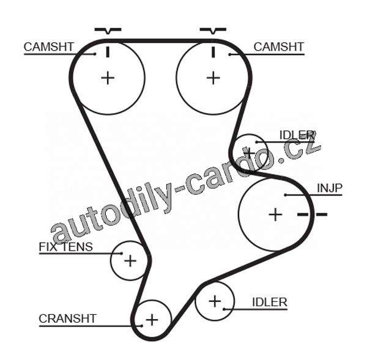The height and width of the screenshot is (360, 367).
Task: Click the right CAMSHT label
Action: (278, 46)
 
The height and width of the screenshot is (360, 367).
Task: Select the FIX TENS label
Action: (65, 247)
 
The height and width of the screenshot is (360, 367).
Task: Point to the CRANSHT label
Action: (67, 318)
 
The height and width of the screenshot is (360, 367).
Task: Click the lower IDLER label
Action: (269, 302)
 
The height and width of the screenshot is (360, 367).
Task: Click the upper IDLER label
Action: (296, 134)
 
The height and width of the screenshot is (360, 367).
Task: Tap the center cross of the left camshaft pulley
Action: (108, 78)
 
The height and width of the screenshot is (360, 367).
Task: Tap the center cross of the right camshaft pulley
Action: (212, 78)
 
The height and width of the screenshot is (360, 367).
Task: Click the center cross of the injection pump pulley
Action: (275, 215)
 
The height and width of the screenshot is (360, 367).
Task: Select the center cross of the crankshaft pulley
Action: (151, 319)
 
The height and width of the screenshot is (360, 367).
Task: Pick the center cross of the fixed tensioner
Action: (130, 261)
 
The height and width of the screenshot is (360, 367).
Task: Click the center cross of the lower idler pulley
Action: (214, 301)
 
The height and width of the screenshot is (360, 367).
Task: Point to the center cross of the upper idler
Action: (249, 150)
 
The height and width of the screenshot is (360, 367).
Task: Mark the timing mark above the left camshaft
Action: (108, 30)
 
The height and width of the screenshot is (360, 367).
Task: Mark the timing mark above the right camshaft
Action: (212, 30)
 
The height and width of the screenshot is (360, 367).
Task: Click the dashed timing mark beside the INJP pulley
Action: (312, 214)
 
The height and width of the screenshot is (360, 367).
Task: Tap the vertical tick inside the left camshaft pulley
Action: (108, 51)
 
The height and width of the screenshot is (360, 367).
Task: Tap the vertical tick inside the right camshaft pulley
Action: (212, 51)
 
